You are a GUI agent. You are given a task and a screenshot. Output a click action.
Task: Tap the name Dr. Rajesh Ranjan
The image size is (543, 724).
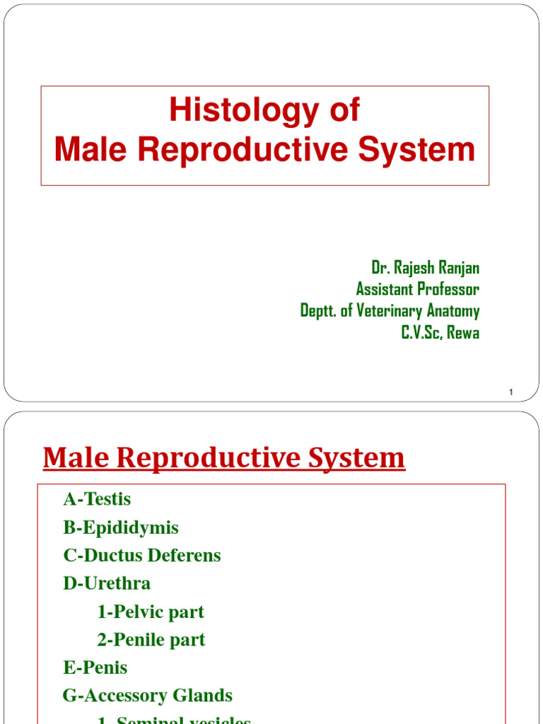[x=425, y=267]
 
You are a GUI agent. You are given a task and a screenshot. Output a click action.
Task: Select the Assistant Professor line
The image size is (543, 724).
[x=417, y=289]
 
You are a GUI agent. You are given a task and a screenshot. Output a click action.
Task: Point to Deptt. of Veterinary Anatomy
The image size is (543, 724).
[x=390, y=311]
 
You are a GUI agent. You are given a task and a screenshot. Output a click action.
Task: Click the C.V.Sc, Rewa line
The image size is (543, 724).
[x=440, y=333]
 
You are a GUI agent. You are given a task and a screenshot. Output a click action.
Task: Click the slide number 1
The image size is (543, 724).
[x=510, y=392]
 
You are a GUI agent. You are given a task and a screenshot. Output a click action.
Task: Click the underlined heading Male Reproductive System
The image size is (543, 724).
[x=224, y=458]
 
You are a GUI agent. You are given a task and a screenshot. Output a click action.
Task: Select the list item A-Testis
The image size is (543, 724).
[x=97, y=499]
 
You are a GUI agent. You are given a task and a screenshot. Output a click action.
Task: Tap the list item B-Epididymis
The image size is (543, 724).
[x=121, y=527]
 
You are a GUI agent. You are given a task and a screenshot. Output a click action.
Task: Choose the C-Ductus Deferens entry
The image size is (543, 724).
[x=142, y=556]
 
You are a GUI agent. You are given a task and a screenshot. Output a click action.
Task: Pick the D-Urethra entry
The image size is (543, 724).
[x=107, y=583]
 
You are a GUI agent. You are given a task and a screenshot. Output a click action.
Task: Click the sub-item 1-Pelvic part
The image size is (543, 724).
[x=150, y=612]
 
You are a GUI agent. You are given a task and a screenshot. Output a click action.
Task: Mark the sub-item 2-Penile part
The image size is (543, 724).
[x=151, y=640]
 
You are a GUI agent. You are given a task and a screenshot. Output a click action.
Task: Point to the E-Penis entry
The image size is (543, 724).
[x=95, y=667]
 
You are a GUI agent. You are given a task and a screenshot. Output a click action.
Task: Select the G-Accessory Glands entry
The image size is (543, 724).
[x=147, y=696]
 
